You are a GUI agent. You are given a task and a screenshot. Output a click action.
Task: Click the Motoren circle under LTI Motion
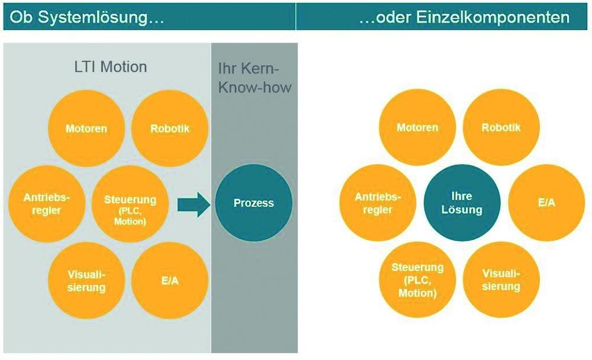86,128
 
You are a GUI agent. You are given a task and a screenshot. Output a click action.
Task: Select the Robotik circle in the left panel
170,128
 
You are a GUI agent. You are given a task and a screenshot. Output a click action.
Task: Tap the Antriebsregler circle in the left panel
47,204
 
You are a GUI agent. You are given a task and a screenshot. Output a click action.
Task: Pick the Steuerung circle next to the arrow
130,204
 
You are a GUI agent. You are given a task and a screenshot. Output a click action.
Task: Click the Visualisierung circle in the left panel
86,281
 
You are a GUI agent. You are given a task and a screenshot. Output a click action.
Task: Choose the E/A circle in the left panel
170,281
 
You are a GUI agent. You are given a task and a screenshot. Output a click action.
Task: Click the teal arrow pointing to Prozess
194,204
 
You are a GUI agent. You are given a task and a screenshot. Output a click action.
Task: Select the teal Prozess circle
254,203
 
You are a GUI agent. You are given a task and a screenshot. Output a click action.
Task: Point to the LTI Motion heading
111,67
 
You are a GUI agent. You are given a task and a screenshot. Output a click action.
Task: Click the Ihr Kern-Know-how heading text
255,78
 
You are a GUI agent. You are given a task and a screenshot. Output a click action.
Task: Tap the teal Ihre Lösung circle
462,203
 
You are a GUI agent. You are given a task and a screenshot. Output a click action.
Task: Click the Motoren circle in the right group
417,127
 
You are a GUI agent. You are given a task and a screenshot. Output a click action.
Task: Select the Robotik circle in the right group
501,127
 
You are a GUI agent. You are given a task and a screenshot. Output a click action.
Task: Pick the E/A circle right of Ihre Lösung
546,203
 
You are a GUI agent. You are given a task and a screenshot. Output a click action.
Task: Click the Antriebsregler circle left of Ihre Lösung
378,203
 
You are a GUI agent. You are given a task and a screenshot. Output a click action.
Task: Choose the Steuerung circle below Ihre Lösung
417,280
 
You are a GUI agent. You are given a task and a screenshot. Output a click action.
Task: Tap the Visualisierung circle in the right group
501,280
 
